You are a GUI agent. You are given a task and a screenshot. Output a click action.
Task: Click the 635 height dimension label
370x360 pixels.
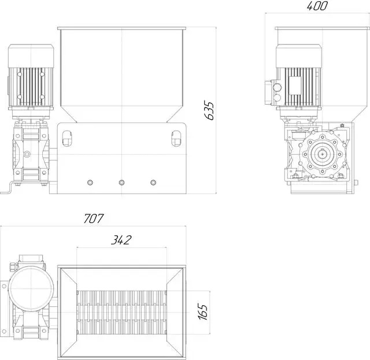click(x=209, y=110)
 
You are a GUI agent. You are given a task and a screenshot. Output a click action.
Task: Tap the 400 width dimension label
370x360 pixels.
click(x=317, y=6)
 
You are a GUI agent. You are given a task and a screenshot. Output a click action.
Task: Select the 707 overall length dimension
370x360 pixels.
click(x=94, y=218)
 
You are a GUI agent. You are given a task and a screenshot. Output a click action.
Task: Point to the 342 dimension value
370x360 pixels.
click(x=121, y=240)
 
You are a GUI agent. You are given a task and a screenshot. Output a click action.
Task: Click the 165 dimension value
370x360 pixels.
click(x=203, y=311)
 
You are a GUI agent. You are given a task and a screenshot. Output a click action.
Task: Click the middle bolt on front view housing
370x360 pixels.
click(x=121, y=183)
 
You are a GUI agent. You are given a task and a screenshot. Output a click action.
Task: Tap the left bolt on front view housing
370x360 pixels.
click(x=90, y=183)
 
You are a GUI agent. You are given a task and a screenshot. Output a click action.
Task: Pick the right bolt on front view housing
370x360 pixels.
click(x=153, y=183)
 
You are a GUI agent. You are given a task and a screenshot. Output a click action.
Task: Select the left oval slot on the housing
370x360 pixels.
click(x=67, y=138)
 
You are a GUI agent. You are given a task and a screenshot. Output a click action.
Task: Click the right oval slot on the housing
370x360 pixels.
click(x=176, y=138)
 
